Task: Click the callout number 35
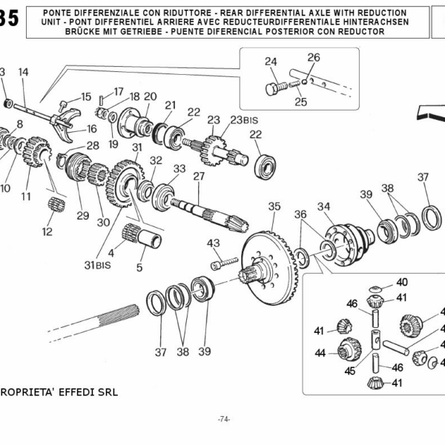(x=274, y=205)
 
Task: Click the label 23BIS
(x=242, y=119)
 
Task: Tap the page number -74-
(x=224, y=420)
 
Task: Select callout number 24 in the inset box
(x=271, y=62)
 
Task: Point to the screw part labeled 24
(x=274, y=88)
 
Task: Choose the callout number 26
(x=314, y=57)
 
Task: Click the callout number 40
(x=401, y=282)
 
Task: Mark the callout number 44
(x=320, y=354)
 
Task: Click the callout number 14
(x=23, y=72)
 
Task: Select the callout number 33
(x=179, y=168)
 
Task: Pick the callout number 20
(x=150, y=96)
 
